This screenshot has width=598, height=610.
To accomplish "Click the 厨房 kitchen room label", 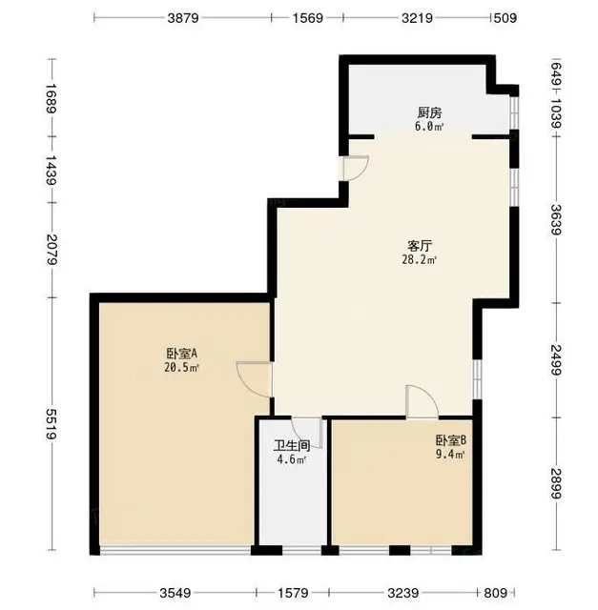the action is click(429, 113).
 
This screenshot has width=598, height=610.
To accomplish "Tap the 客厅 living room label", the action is click(420, 246).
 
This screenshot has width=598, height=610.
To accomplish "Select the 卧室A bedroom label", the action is click(182, 354).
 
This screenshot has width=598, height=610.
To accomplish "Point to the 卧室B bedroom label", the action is click(450, 440).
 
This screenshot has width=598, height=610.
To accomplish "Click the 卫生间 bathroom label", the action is click(292, 445).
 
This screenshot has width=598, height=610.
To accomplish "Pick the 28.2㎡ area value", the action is click(420, 260).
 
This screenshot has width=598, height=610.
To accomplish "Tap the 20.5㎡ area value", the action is click(182, 367).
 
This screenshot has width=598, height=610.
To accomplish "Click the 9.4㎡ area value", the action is click(450, 454).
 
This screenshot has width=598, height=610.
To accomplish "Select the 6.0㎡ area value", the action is click(429, 127).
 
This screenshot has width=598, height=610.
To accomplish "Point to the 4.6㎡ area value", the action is click(292, 459).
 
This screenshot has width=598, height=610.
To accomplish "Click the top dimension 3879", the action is click(183, 18).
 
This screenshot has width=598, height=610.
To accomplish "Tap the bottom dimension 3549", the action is click(175, 593).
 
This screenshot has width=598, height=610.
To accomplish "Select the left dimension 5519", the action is click(52, 424).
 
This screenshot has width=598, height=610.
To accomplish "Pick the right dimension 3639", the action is click(556, 220).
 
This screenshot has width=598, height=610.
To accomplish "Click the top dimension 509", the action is click(505, 18).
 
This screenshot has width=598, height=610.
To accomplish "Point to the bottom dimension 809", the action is click(496, 593).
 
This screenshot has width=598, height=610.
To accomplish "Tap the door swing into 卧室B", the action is click(427, 396).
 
